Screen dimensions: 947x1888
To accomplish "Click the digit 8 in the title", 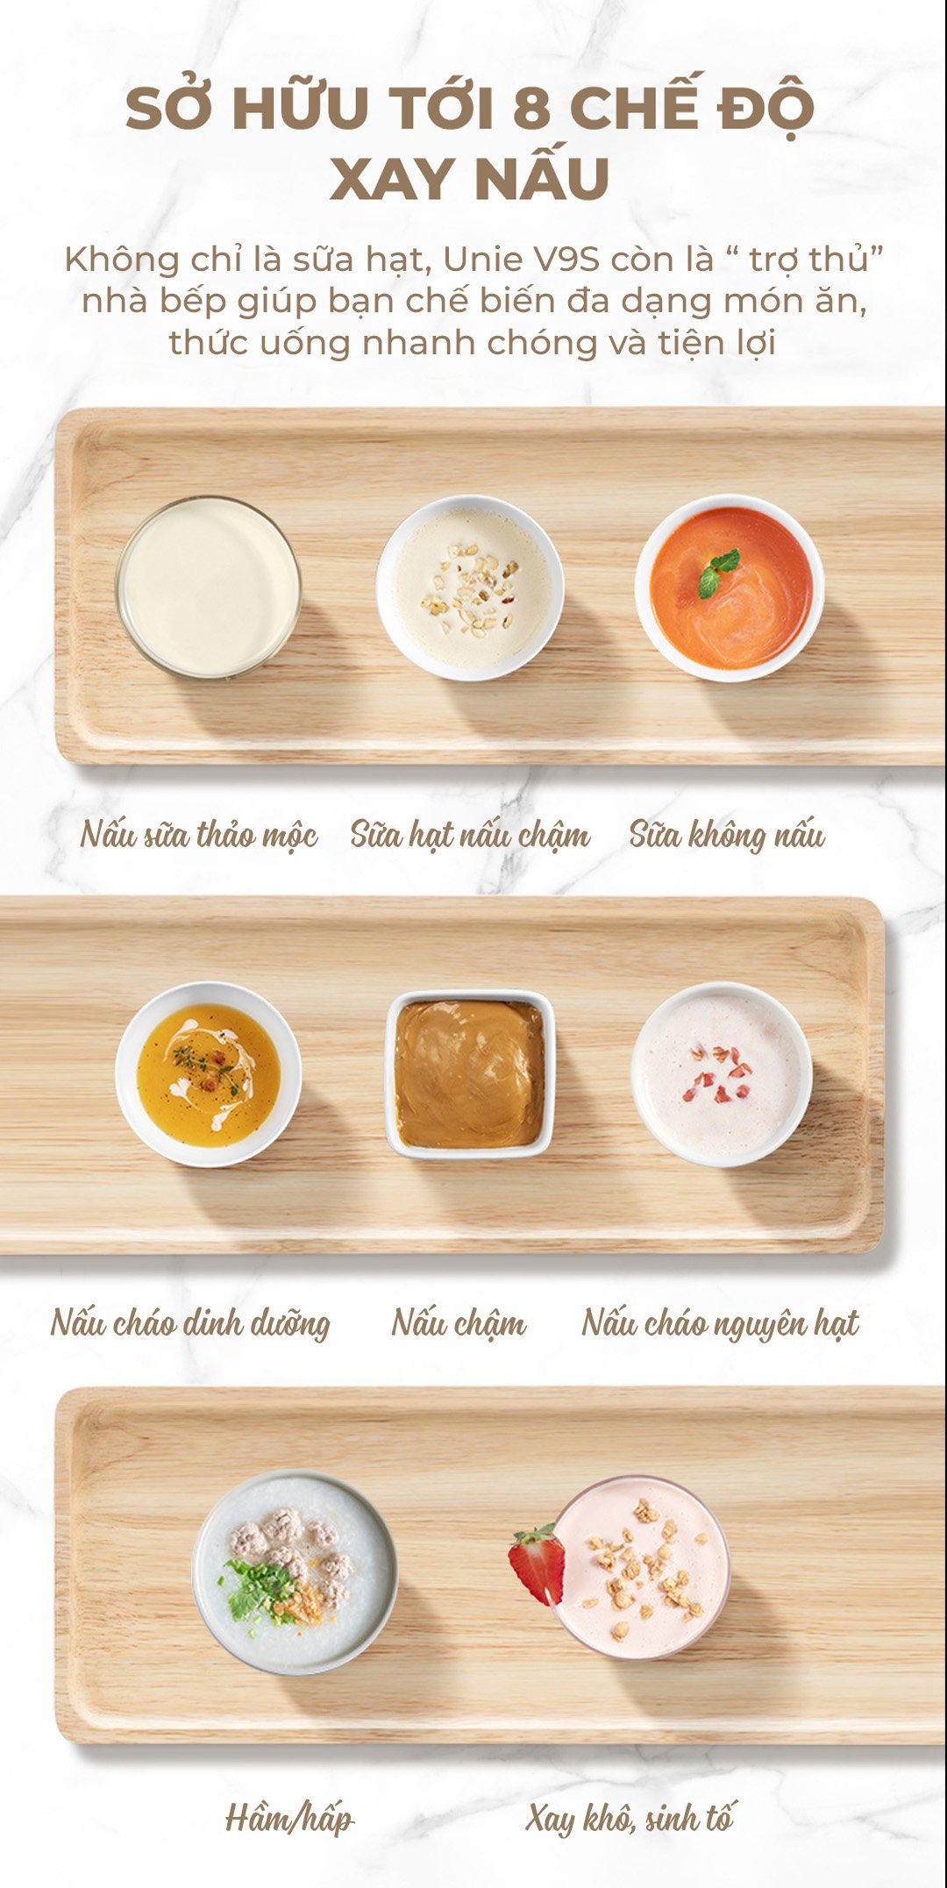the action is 532,109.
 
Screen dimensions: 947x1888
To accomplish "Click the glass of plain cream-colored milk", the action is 209,588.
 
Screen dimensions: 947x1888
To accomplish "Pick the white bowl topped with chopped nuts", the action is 470,588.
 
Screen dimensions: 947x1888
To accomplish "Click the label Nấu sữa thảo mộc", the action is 199,834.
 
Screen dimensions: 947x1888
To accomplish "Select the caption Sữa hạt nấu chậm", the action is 470,834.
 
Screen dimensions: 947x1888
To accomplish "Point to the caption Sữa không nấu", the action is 727,834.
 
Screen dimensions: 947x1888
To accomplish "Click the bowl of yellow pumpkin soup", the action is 209,1074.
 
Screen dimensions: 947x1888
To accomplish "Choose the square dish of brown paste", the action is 470,1074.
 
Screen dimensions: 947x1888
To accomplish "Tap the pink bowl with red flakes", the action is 722,1074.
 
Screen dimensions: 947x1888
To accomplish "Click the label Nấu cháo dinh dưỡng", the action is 190,1322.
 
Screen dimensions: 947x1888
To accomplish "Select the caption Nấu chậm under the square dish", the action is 459,1322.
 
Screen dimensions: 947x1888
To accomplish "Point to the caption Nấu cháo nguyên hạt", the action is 721,1322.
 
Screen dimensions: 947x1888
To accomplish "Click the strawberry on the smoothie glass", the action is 537,1564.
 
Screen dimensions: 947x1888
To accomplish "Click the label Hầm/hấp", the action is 289,1818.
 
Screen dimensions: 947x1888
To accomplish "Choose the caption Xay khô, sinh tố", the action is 630,1818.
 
